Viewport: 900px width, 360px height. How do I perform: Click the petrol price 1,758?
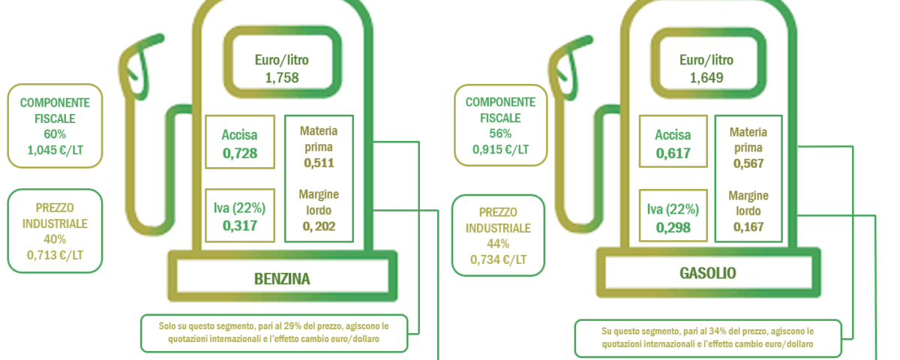pos(282,77)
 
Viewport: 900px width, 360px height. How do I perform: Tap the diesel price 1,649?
pos(706,77)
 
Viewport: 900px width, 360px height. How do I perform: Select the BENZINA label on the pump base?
pos(282,279)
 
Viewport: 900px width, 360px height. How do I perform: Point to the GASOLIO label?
pos(708,273)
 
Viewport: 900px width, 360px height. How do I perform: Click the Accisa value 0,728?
pos(240,153)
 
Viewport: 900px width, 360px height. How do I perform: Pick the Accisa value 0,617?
pos(673,153)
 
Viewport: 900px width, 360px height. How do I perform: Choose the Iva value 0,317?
pos(240,226)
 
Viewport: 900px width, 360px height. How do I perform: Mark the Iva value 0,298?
pos(673,228)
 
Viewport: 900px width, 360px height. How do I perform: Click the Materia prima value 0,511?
pos(319,163)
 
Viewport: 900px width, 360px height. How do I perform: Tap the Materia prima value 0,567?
pos(748,163)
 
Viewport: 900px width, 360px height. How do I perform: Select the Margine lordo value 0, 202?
pos(319,226)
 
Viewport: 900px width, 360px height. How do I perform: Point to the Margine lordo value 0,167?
pos(748,227)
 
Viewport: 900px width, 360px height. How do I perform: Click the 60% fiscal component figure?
pos(55,134)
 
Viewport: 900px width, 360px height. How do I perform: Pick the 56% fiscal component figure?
pos(500,133)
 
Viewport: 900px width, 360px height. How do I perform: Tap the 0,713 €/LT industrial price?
pos(55,255)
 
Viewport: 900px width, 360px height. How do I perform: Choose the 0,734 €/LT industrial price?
pos(498,259)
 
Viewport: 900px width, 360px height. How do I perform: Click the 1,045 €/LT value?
pos(55,150)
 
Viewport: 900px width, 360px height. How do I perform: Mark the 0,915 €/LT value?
pos(500,149)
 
